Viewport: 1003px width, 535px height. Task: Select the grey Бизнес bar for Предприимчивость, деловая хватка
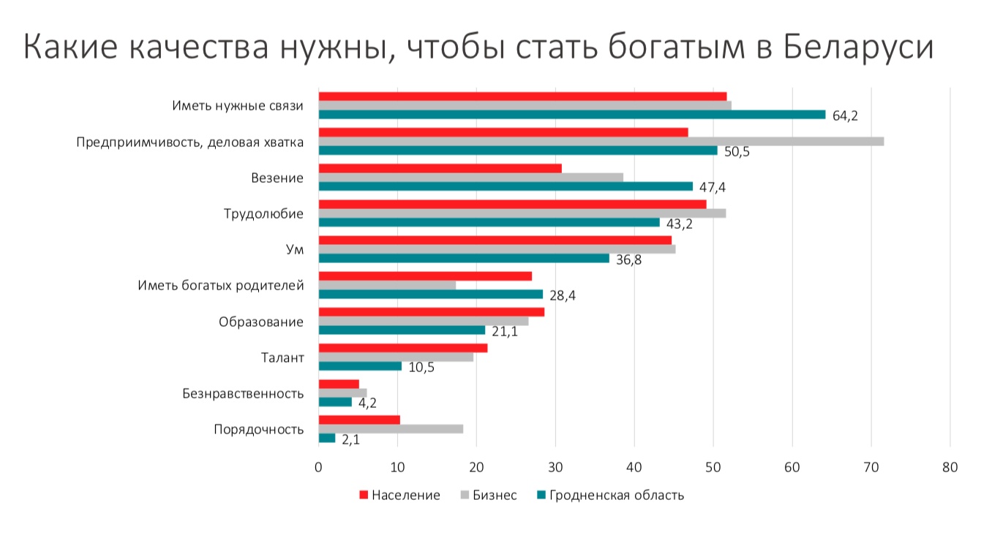pos(601,141)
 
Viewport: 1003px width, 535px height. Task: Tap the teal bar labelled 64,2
pos(571,115)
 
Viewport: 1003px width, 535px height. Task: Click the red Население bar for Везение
pos(440,168)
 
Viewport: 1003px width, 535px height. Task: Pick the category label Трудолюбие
pos(263,214)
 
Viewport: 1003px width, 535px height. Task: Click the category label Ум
pos(295,250)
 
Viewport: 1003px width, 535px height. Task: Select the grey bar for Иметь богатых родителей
pos(387,285)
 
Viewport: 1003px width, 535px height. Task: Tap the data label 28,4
pos(563,295)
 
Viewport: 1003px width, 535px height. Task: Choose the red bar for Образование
pos(431,312)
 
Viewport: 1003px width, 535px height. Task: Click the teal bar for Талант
pos(360,365)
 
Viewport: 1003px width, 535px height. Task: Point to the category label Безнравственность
pos(243,394)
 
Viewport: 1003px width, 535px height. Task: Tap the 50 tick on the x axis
pos(713,467)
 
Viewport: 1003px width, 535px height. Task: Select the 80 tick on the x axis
pos(950,467)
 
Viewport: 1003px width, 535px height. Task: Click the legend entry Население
pos(405,495)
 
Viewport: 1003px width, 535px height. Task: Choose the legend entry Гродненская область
pos(616,495)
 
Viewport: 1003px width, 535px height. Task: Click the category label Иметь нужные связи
pos(237,106)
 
